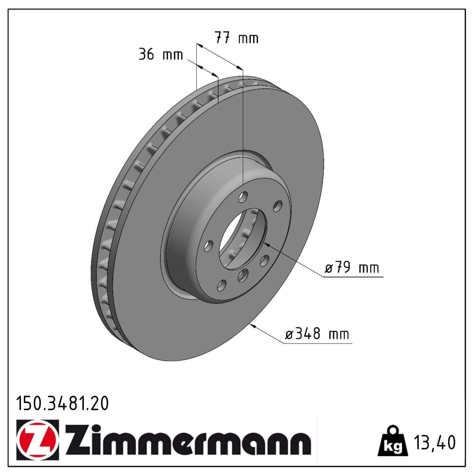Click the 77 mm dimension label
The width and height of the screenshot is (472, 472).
point(236,38)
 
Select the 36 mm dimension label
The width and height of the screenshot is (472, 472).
point(161,54)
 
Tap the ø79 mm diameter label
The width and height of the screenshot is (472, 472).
point(352,268)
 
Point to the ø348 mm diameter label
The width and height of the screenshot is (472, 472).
point(317,334)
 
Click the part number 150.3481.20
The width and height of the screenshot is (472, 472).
point(62,404)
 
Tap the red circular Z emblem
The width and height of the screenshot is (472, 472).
point(38,439)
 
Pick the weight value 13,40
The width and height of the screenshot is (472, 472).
point(434,442)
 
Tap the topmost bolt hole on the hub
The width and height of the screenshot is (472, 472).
point(244,195)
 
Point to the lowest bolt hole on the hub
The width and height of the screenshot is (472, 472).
point(222,285)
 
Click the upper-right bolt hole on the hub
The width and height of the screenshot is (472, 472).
point(278,206)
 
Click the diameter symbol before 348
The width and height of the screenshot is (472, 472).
point(289,335)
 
